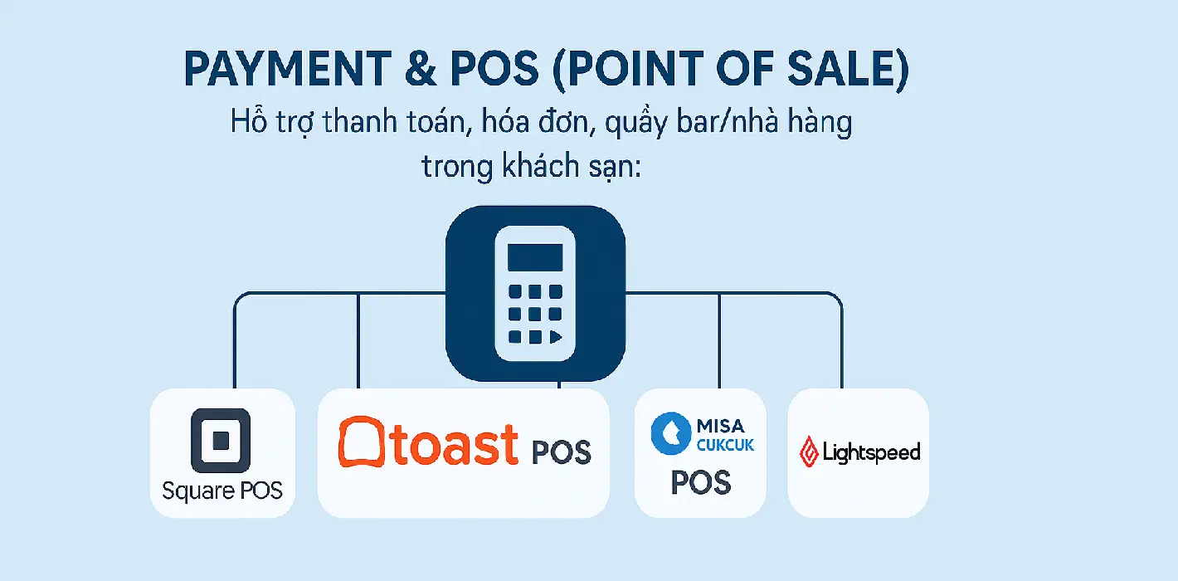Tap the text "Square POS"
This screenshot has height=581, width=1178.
[221, 491]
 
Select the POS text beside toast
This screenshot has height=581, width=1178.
[560, 452]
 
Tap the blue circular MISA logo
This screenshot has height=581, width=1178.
[671, 434]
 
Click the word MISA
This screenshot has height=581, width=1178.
[720, 425]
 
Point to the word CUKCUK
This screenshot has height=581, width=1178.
[725, 446]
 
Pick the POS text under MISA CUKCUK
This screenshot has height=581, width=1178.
[701, 481]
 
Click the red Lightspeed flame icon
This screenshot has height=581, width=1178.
[809, 452]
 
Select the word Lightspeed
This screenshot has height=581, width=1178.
[871, 452]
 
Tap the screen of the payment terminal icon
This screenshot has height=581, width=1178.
[535, 257]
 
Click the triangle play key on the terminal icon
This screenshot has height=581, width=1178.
[555, 337]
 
